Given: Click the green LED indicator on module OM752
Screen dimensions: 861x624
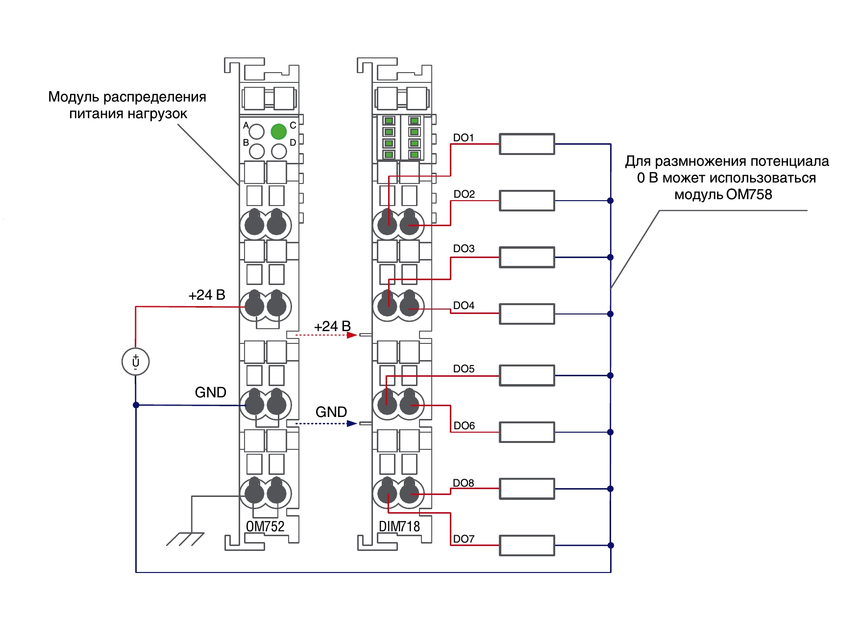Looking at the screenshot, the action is coord(278,131).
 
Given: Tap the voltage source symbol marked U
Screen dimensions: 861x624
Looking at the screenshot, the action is coord(135,362).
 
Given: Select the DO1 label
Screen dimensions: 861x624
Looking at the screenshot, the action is coord(464,138).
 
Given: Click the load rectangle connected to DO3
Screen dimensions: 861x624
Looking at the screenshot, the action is coord(527,257).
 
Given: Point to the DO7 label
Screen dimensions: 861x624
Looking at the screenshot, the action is coord(464,539).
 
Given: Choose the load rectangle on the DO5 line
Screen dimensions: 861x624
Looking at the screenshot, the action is coord(527,375).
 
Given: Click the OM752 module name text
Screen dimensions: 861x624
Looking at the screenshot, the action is coord(265,526).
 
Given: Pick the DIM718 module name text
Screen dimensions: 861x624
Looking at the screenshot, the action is coord(399,526).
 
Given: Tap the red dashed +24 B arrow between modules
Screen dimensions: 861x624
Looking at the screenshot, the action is coord(326,335).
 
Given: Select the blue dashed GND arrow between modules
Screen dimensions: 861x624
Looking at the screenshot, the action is coord(326,423).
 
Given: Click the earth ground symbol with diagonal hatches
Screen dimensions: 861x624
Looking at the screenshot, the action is coord(185,539).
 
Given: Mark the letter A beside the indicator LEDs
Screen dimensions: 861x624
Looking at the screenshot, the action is coord(246,126).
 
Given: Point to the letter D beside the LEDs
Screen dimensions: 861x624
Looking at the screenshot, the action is coord(293,143).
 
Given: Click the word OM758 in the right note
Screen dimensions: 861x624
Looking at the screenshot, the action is coord(749,195).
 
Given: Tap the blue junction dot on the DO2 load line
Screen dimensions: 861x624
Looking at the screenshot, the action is coord(610,201).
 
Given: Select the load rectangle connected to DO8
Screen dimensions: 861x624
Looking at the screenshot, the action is coord(527,489).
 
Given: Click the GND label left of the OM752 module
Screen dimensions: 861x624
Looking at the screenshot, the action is coord(211,392).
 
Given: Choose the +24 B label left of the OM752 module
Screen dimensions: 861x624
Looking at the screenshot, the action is coord(207,295).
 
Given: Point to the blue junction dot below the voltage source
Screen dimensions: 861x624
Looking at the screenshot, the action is coord(136,405).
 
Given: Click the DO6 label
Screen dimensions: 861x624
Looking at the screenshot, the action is coord(464,426).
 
